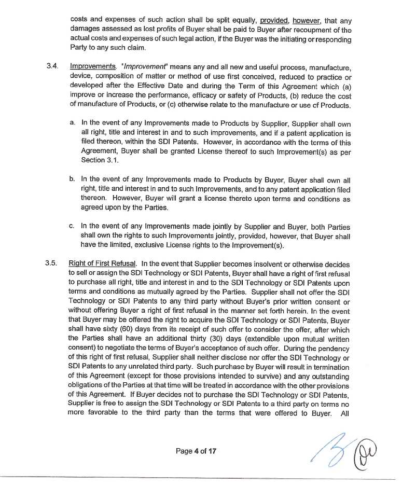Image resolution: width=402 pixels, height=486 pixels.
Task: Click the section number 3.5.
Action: tap(51, 264)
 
